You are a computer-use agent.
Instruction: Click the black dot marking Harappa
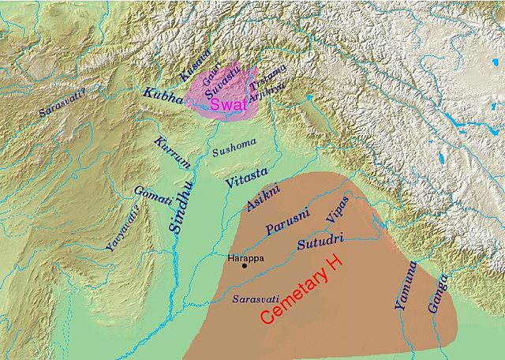click(245, 265)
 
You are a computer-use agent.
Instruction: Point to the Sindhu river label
click(182, 204)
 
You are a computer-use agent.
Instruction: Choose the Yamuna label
click(404, 291)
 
